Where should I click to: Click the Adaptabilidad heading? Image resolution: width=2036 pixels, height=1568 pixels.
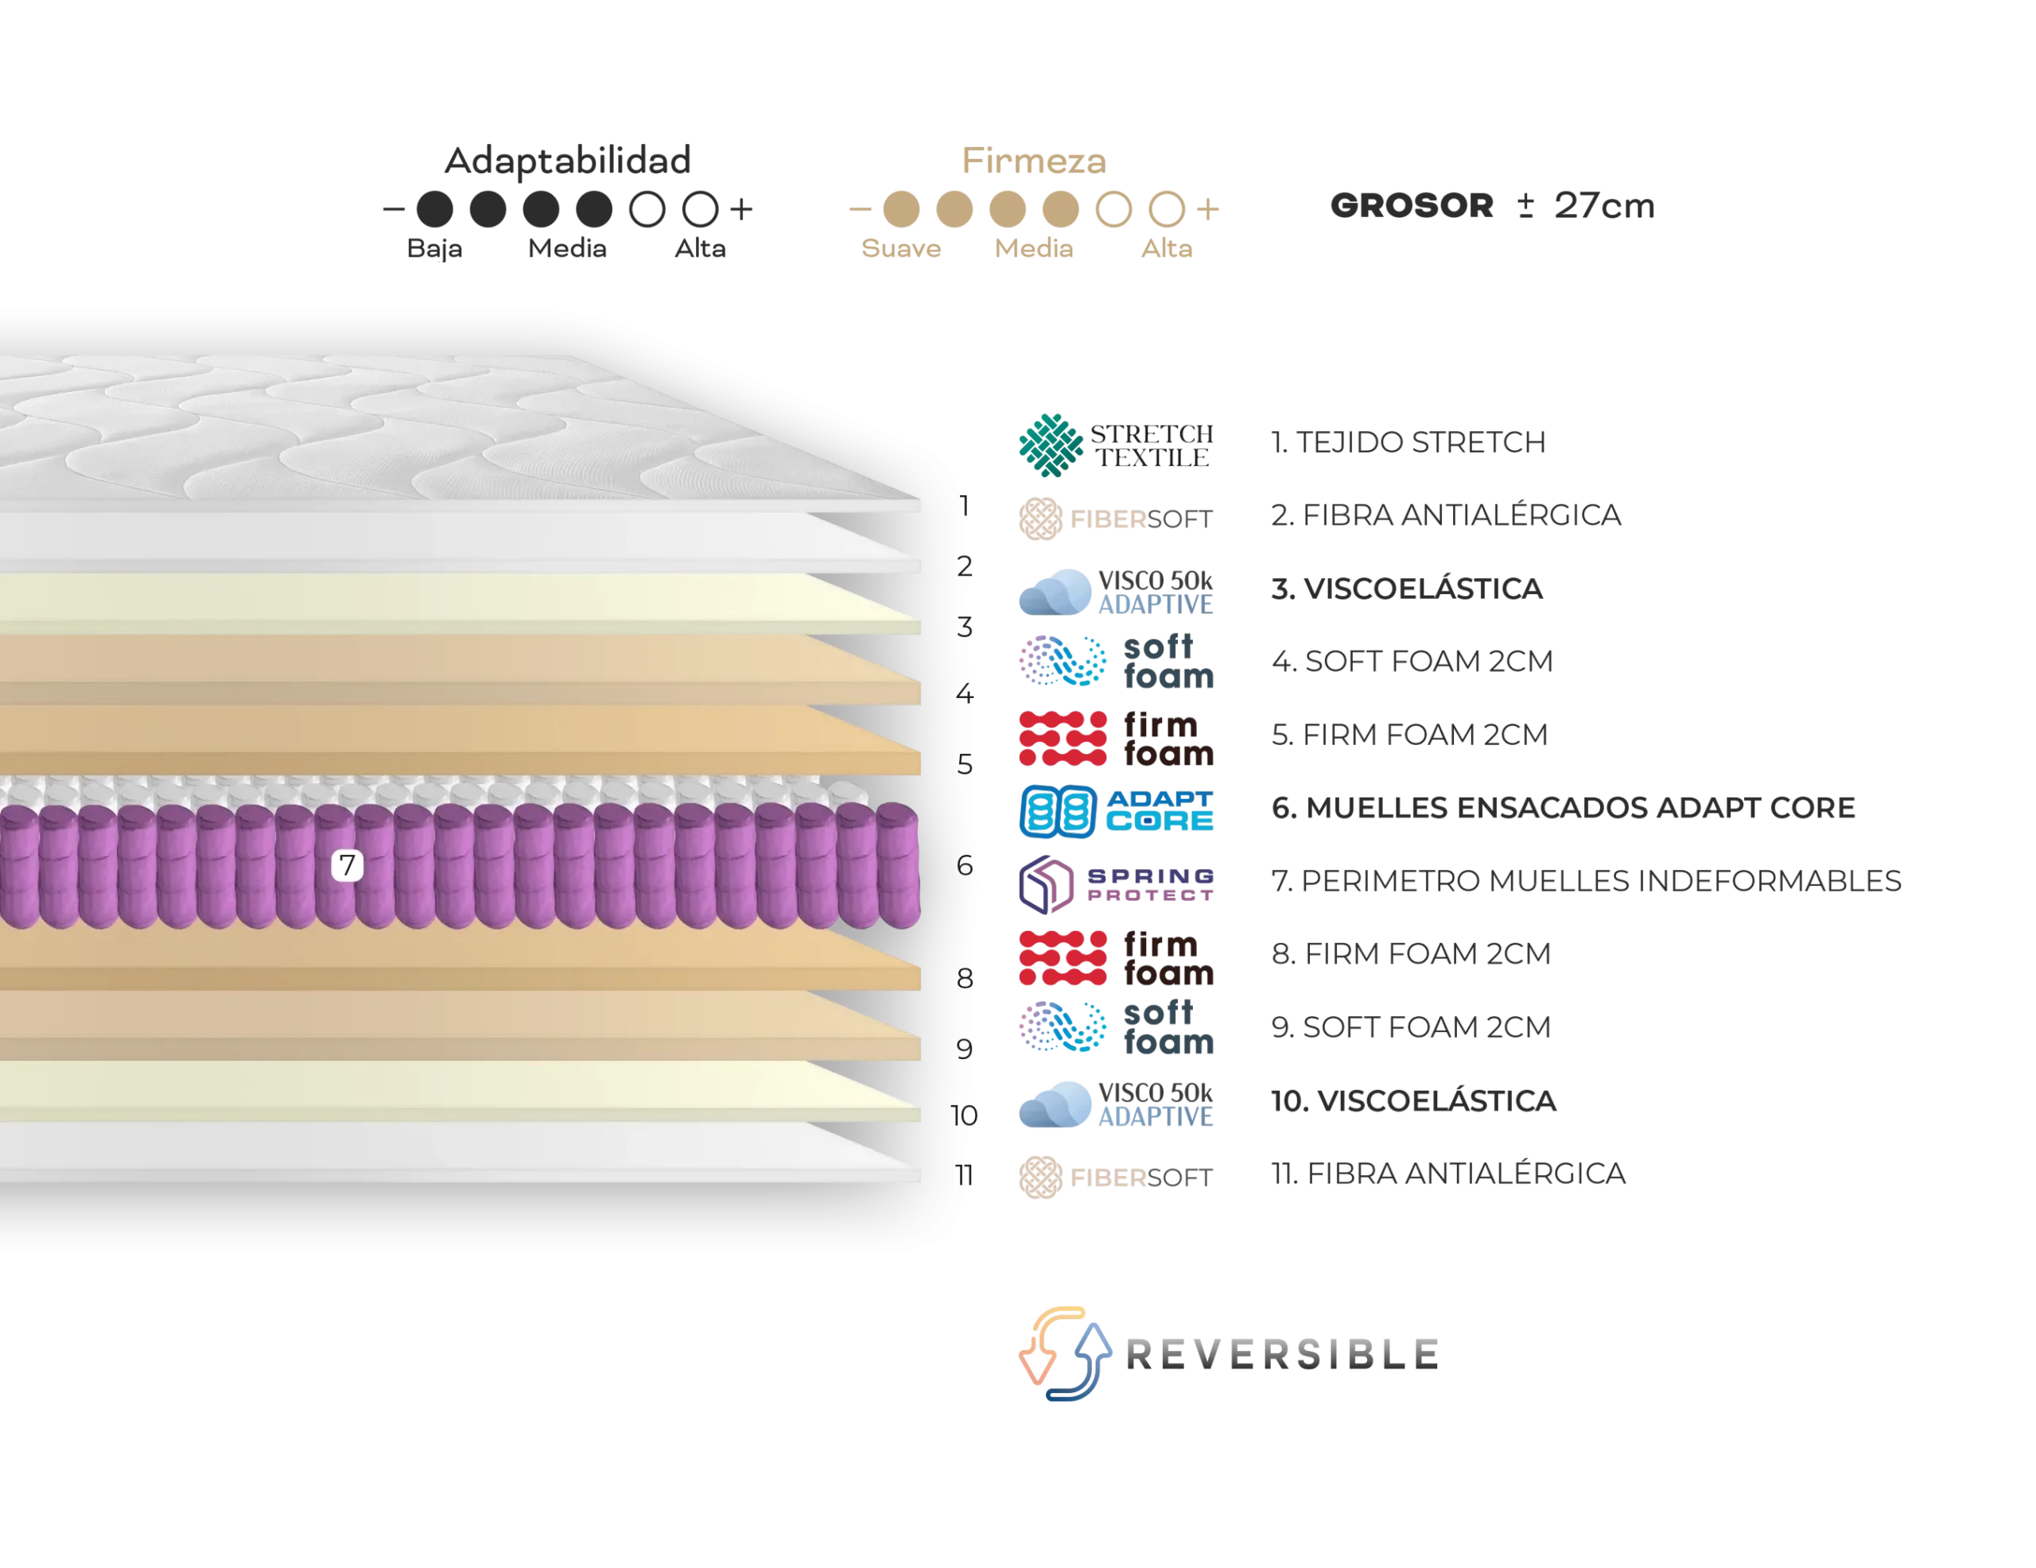click(x=567, y=161)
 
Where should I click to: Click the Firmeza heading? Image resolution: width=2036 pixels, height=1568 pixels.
click(x=1034, y=161)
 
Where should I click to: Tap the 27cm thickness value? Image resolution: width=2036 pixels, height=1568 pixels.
click(x=1603, y=205)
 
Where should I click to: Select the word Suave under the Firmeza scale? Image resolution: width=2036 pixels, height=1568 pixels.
click(x=900, y=248)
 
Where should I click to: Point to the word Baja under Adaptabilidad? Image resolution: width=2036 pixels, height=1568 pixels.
click(x=434, y=249)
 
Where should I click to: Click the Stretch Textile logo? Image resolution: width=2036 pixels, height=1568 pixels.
click(x=1116, y=445)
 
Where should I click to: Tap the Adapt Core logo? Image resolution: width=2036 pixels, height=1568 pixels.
click(x=1116, y=811)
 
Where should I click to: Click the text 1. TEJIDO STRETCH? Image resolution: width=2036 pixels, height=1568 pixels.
click(x=1408, y=442)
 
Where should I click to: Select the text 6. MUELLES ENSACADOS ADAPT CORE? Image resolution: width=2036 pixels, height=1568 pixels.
click(x=1564, y=807)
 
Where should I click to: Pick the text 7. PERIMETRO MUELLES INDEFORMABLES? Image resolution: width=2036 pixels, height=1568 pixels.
click(x=1586, y=881)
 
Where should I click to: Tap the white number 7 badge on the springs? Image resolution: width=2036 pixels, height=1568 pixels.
click(x=348, y=865)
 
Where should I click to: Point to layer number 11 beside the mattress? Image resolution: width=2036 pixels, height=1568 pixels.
click(x=964, y=1175)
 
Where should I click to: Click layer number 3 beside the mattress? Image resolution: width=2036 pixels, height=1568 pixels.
click(x=965, y=627)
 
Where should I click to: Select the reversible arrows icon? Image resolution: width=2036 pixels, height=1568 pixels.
click(x=1065, y=1353)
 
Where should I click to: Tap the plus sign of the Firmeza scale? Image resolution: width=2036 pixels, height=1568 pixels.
click(x=1207, y=209)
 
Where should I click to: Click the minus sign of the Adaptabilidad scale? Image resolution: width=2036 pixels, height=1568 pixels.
click(x=394, y=209)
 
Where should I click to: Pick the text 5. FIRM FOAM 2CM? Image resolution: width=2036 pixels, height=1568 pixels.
click(x=1409, y=735)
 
